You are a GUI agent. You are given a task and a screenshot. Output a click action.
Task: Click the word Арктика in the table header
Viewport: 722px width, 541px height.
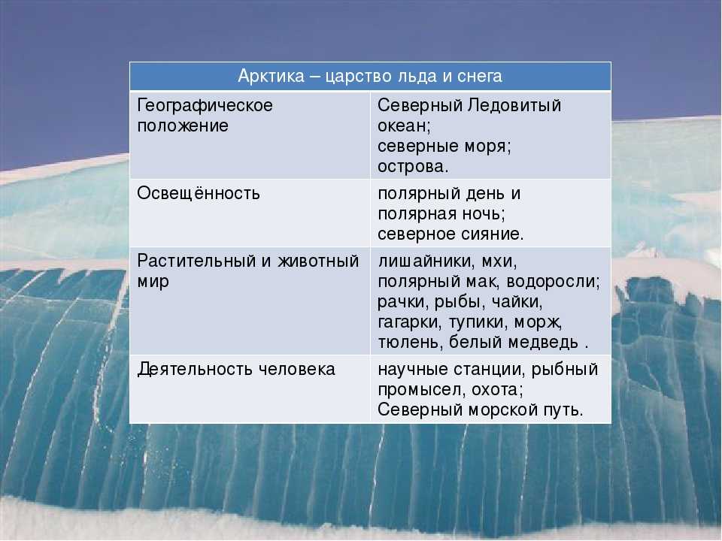[272, 76]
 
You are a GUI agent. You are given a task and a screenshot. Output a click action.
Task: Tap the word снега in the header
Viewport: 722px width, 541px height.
[479, 76]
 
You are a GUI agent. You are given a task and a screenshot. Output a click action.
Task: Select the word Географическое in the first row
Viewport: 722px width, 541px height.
[205, 106]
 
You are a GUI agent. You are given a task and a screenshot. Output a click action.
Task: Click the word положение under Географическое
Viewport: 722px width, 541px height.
[183, 125]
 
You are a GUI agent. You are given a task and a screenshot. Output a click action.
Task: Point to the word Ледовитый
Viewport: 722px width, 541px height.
[514, 105]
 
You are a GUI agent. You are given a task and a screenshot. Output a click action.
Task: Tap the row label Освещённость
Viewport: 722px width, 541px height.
[199, 193]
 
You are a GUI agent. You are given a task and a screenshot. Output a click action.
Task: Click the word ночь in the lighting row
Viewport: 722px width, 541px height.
[485, 213]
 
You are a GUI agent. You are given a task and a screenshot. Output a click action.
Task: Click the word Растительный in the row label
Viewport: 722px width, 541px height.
[196, 261]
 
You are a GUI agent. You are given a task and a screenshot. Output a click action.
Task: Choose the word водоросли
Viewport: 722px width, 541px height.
[553, 281]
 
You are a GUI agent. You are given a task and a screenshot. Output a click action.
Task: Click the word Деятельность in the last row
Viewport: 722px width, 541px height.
[195, 369]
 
